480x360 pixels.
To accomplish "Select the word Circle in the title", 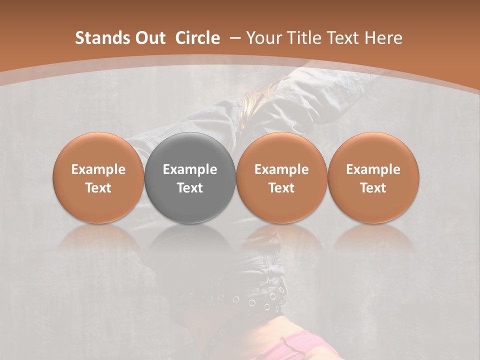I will click(197, 38).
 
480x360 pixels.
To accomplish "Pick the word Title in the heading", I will click(301, 38).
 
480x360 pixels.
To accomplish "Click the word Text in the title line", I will click(342, 38).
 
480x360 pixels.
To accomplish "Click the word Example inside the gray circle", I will click(190, 169).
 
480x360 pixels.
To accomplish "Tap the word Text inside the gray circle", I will click(190, 188).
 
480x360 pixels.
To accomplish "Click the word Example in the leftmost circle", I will click(98, 169).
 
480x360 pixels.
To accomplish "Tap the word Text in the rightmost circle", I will click(373, 188).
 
